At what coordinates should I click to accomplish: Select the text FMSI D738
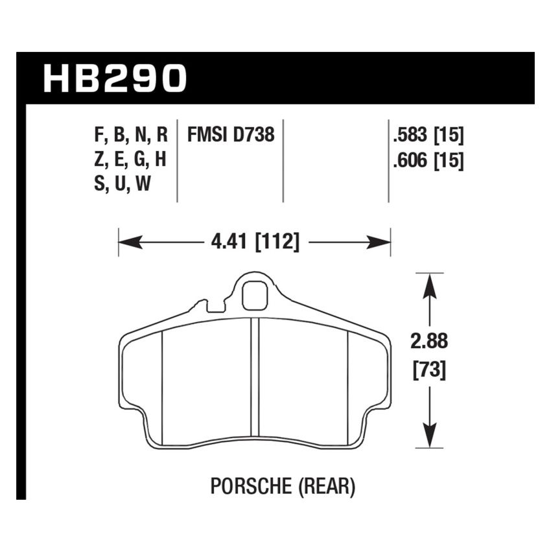[231, 135]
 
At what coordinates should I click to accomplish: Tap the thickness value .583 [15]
[427, 135]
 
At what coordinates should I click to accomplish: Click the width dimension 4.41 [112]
[255, 243]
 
